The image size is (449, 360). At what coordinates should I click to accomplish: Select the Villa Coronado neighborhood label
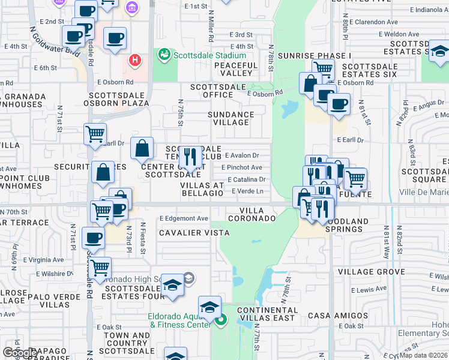point(258,215)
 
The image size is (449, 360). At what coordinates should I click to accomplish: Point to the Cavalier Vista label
point(194,232)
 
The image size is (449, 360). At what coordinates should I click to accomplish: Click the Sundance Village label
point(231,118)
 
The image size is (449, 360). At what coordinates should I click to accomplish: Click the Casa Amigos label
point(338,316)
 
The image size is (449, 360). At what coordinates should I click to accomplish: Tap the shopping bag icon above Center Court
point(142,148)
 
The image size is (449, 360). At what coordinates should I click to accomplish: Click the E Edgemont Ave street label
point(184,219)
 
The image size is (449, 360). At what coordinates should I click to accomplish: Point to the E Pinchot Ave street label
point(242,167)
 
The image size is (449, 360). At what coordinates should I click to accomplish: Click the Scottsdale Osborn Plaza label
point(119,99)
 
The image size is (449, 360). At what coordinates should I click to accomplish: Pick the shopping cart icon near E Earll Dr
point(95,134)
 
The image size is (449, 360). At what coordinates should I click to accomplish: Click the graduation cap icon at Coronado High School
point(172,285)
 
